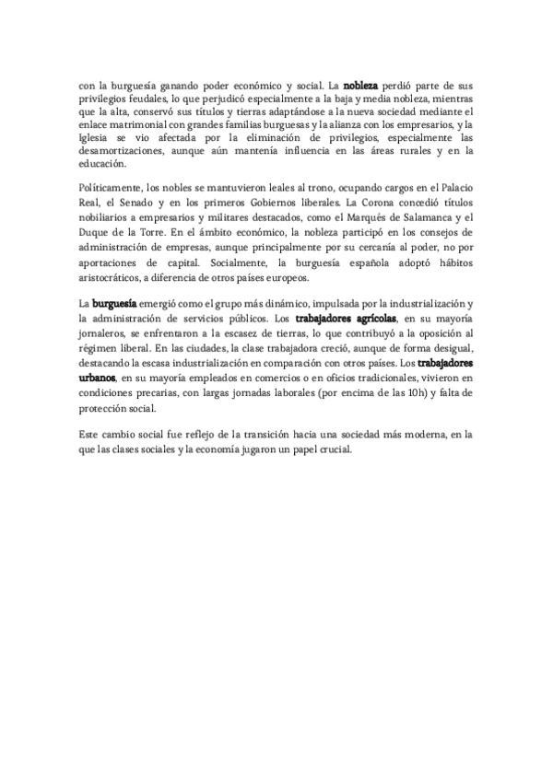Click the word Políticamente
[x=112, y=196]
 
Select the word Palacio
[x=454, y=196]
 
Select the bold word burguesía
[x=115, y=304]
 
